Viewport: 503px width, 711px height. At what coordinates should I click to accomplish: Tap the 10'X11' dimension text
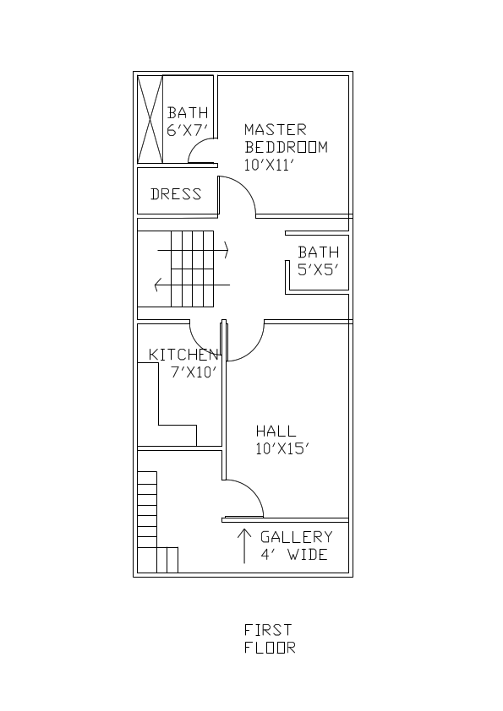pyautogui.click(x=268, y=166)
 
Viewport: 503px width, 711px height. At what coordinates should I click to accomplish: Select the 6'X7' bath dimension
pyautogui.click(x=187, y=131)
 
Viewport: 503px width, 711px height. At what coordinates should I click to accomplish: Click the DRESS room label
pyautogui.click(x=176, y=194)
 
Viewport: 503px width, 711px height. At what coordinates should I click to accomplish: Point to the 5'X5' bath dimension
pyautogui.click(x=318, y=270)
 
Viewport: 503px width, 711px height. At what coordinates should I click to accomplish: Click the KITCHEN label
pyautogui.click(x=183, y=355)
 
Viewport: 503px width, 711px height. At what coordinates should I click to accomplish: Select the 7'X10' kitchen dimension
pyautogui.click(x=194, y=372)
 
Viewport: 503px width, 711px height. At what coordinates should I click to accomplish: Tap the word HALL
pyautogui.click(x=276, y=431)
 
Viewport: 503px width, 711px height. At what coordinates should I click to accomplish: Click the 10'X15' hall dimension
pyautogui.click(x=282, y=449)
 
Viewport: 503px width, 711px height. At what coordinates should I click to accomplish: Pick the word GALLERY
pyautogui.click(x=296, y=537)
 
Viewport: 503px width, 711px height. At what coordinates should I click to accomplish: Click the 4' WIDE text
pyautogui.click(x=293, y=556)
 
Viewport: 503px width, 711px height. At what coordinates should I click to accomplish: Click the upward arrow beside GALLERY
pyautogui.click(x=244, y=545)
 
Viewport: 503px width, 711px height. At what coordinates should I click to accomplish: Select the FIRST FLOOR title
pyautogui.click(x=270, y=639)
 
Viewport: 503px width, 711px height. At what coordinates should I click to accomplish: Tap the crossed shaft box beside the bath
pyautogui.click(x=150, y=118)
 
